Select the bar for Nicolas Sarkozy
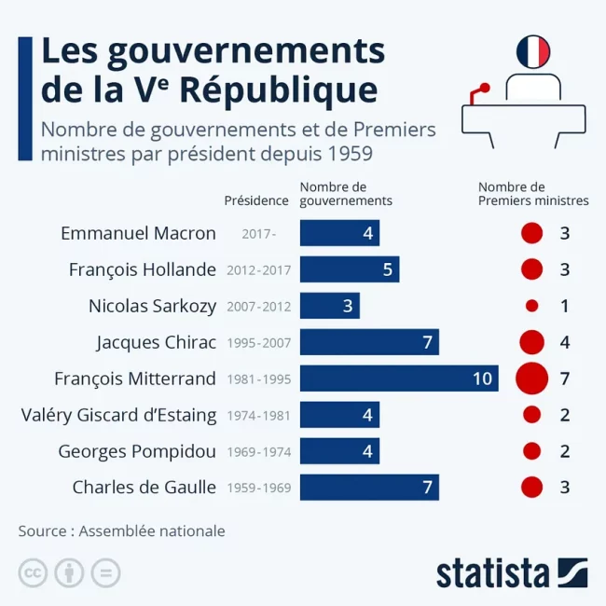pos(329,306)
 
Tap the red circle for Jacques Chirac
pos(531,342)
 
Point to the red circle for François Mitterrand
pos(531,378)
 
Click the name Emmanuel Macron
pos(138,233)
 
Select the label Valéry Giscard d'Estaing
pos(118,415)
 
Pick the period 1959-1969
pos(258,488)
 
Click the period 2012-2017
pos(258,270)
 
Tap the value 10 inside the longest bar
pos(482,378)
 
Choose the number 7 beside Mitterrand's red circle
pos(565,378)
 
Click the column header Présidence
pos(256,200)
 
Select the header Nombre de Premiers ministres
pos(533,194)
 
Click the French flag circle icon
pos(532,51)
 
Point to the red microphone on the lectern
pos(483,89)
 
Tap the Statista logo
pos(512,572)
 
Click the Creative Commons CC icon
pos(33,572)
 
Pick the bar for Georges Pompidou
pos(339,451)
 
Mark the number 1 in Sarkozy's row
pos(565,306)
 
